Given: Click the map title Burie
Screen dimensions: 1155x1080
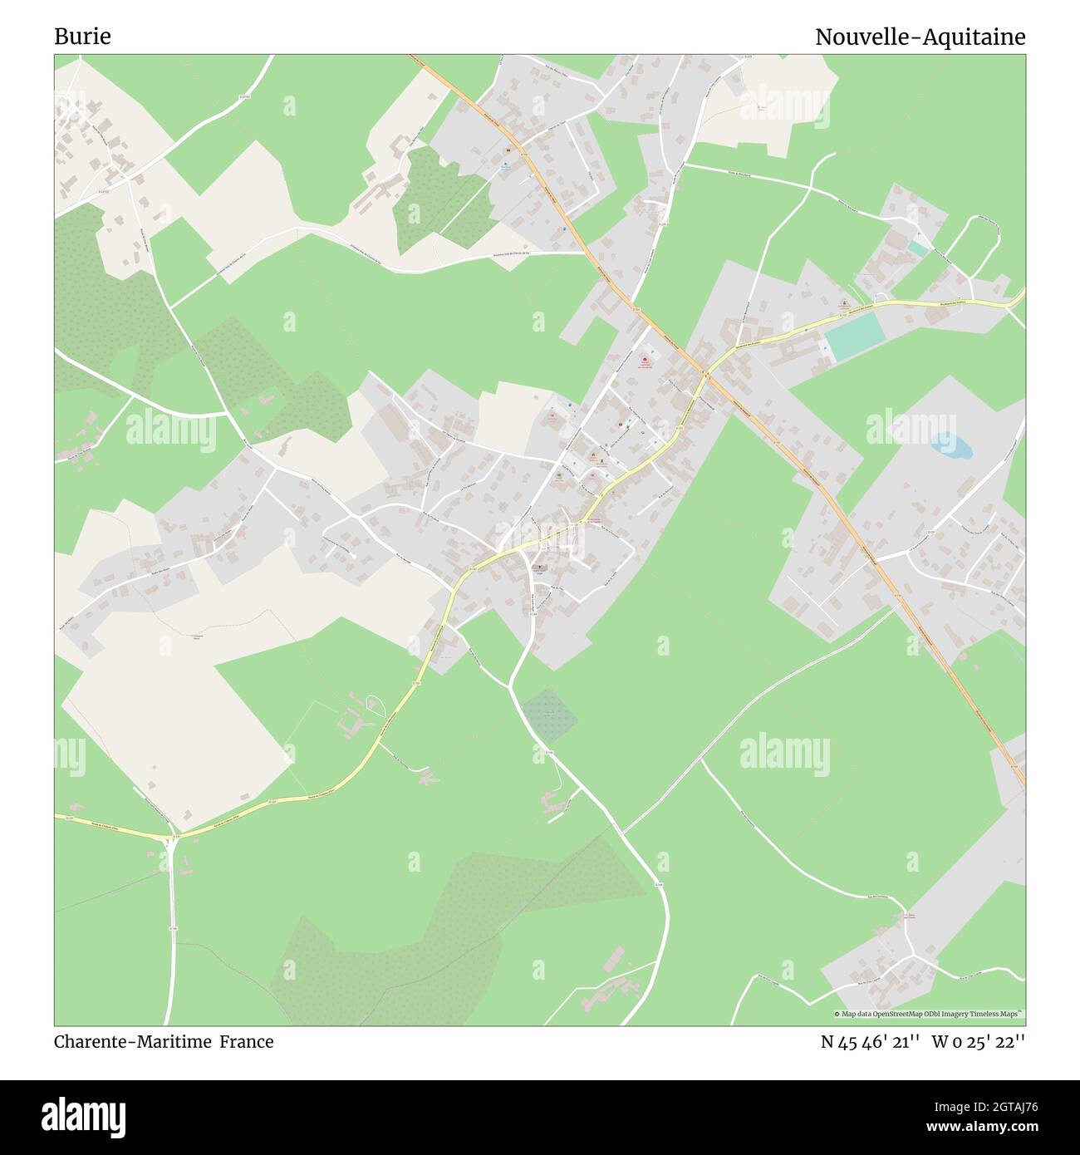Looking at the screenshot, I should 82,37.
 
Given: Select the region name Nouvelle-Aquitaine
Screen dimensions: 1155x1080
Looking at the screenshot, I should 920,37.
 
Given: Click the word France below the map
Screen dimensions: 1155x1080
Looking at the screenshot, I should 246,1041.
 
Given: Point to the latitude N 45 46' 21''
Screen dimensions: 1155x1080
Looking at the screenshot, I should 870,1041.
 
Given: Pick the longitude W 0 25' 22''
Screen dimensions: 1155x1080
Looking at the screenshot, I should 978,1041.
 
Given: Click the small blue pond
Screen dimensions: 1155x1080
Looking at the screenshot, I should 950,446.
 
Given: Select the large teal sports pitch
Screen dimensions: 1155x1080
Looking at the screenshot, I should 856,338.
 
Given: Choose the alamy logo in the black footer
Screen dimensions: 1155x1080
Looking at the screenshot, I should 84,1116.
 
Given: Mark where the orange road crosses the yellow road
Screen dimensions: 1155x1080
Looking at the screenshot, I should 707,375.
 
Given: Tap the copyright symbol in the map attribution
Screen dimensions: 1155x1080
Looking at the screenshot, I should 837,1014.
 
